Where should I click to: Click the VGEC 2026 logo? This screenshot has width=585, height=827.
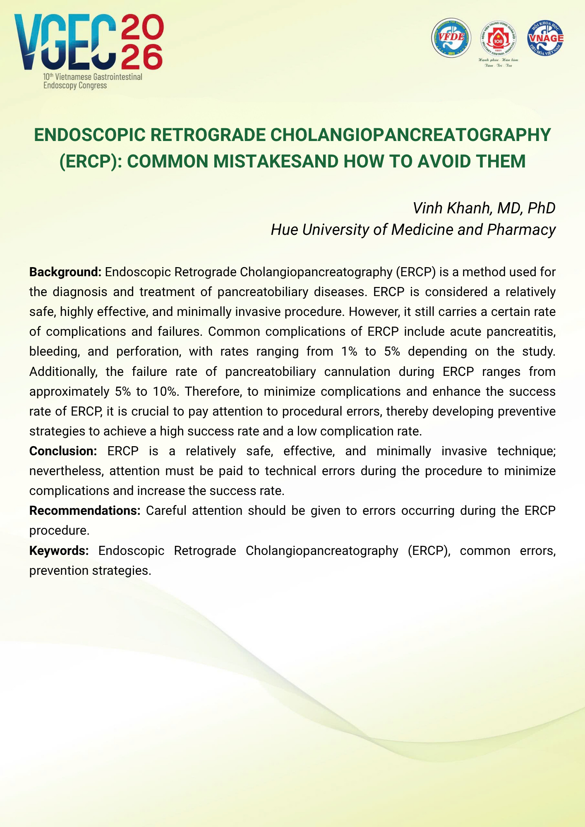coord(89,43)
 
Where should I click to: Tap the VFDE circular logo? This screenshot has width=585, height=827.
coord(451,38)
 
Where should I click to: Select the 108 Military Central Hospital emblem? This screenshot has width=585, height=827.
coord(498,38)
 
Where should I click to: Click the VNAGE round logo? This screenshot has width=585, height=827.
coord(545,38)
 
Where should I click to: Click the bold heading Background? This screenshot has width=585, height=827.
coord(65,272)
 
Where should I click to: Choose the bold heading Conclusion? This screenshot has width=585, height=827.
coord(63,451)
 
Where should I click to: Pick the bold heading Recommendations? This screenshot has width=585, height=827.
coord(85,511)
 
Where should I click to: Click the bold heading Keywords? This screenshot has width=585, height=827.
coord(59,551)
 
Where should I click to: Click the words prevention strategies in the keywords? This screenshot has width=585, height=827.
coord(90,571)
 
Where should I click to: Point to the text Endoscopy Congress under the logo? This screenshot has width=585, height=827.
coord(75,86)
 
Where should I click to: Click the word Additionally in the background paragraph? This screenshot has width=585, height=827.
coord(63,372)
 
